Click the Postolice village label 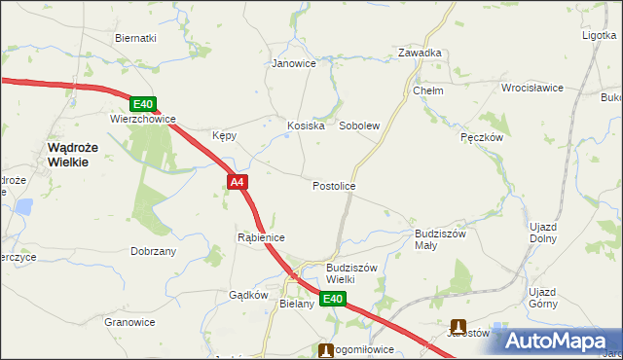click(x=334, y=186)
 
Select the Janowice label click(x=294, y=64)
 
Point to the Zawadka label click(x=421, y=54)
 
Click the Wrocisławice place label click(x=532, y=88)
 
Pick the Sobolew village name click(x=358, y=126)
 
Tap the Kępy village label click(x=225, y=136)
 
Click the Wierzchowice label click(x=142, y=120)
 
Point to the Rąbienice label click(x=261, y=237)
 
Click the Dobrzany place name click(x=153, y=251)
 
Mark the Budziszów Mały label click(x=441, y=239)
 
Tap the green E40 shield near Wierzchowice click(x=143, y=104)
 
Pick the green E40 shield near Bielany click(x=333, y=300)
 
